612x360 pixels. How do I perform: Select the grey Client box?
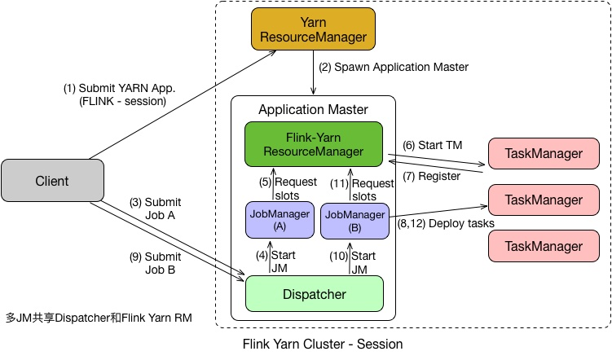click(x=53, y=180)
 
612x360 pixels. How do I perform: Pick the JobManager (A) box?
click(x=280, y=220)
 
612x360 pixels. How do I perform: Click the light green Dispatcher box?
click(x=314, y=294)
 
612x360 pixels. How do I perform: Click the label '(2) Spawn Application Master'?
click(x=394, y=67)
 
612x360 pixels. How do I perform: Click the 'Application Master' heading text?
click(x=313, y=109)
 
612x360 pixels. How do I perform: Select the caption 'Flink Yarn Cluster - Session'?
click(x=323, y=345)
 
